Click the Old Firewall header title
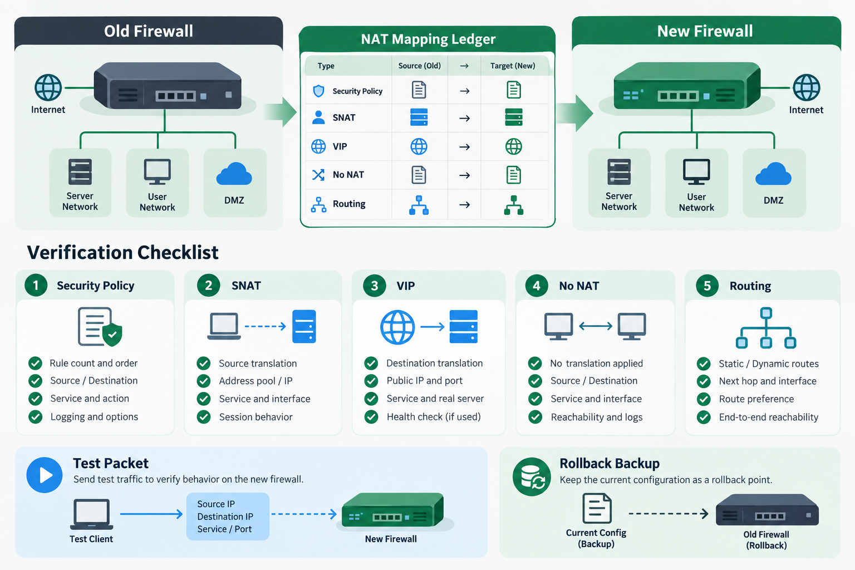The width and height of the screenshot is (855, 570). [x=149, y=31]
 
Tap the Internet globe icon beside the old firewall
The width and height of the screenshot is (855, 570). [x=48, y=87]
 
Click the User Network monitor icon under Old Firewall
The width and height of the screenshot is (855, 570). [x=158, y=171]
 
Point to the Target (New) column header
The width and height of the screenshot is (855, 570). [x=513, y=66]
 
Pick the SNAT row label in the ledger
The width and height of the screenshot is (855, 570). [x=344, y=117]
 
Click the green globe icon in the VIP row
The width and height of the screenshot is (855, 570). [x=514, y=146]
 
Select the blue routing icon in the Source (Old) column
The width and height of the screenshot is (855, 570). [x=419, y=205]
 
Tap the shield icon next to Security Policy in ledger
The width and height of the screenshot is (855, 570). [x=318, y=91]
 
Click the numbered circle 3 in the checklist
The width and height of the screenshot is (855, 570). [x=375, y=286]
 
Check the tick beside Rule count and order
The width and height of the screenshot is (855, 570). [x=36, y=363]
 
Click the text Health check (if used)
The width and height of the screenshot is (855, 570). [x=434, y=416]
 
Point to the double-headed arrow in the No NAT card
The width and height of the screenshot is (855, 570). [x=596, y=326]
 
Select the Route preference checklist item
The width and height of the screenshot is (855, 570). [x=756, y=399]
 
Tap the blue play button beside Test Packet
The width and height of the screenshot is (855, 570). [x=45, y=475]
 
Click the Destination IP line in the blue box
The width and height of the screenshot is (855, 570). [x=225, y=517]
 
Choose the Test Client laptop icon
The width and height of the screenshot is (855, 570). [x=92, y=514]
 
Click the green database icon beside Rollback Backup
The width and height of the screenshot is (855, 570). [x=532, y=476]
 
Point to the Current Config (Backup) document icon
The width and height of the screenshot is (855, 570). [x=597, y=508]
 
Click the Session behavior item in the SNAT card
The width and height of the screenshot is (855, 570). [x=255, y=417]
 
